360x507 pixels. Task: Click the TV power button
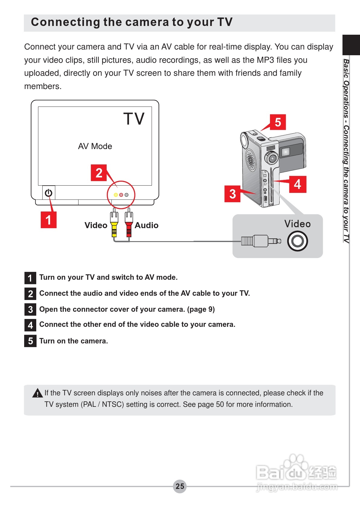pos(49,193)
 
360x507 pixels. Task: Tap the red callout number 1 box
pos(49,220)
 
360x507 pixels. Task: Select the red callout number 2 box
pos(99,173)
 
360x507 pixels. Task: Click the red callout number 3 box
pos(232,194)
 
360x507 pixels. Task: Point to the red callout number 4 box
pos(297,184)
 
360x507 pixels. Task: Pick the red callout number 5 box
pos(278,122)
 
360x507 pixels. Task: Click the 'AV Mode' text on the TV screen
pos(95,146)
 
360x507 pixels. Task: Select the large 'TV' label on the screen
pos(134,119)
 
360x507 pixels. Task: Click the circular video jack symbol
pos(297,241)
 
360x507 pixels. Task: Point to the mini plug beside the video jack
pos(262,241)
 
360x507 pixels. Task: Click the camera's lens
pos(272,158)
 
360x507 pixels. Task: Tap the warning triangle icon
pos(37,393)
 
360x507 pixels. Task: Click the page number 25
pos(180,486)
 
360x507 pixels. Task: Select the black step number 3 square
pos(30,309)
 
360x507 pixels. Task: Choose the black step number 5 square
pos(30,341)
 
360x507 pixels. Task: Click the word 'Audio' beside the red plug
pos(146,225)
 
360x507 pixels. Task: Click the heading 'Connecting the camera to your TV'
pos(132,22)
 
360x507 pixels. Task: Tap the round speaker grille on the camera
pos(250,159)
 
